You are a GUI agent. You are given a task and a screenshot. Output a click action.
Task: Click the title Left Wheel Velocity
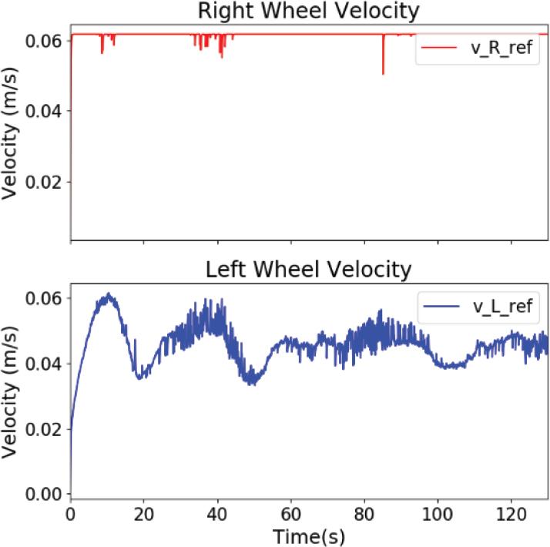tap(309, 270)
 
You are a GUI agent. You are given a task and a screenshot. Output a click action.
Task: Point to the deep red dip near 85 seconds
tap(383, 72)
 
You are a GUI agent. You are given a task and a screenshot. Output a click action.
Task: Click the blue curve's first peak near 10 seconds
tap(109, 294)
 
